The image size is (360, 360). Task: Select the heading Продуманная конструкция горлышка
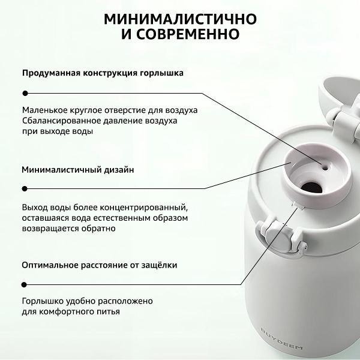(103, 73)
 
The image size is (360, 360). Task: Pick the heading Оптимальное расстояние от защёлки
(100, 265)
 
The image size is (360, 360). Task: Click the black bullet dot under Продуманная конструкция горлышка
(25, 92)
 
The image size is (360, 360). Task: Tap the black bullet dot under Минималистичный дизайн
(25, 189)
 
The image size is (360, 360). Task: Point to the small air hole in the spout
(326, 169)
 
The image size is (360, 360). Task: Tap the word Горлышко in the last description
(43, 301)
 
